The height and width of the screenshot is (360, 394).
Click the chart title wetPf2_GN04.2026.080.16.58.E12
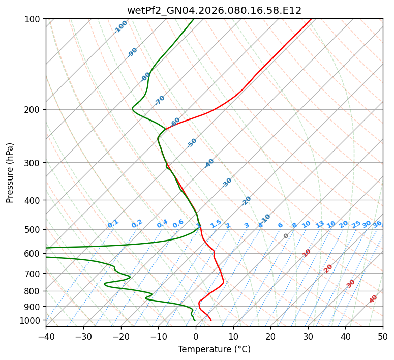coord(214,10)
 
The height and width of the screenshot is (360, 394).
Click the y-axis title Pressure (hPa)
coord(10,172)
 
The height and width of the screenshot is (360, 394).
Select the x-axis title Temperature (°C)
coord(214,349)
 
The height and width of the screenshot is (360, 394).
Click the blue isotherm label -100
coord(121,26)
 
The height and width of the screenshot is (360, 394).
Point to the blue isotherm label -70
coord(160,100)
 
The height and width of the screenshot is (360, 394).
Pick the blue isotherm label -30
coord(227,183)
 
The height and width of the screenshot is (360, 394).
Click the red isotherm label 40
coord(373,299)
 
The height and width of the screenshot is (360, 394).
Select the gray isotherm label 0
coord(286,236)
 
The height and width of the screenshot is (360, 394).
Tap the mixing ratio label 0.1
coord(113,223)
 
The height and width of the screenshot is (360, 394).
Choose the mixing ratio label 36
coord(377,224)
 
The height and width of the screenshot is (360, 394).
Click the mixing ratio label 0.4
coord(162,224)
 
